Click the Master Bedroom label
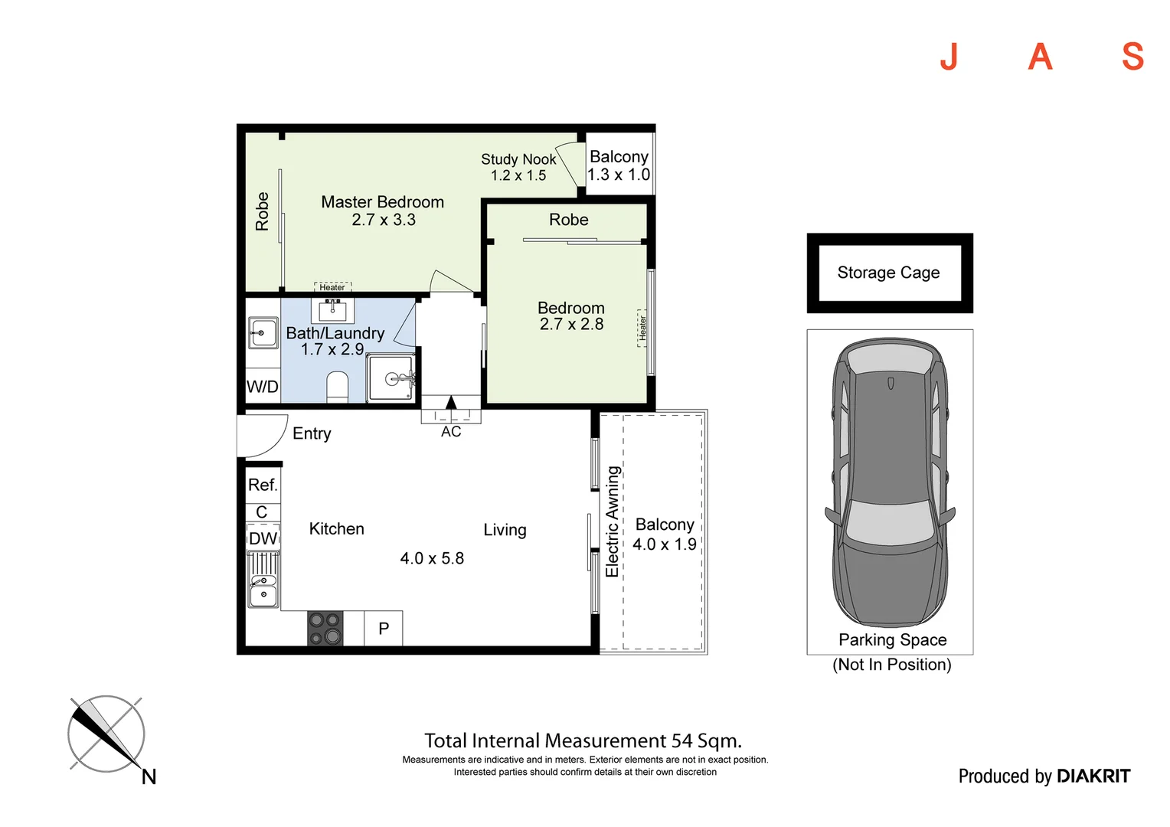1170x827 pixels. coord(382,202)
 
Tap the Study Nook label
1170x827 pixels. coord(518,159)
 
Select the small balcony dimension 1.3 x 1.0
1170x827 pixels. coord(619,175)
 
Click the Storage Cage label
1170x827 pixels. coord(888,273)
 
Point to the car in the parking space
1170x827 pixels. coord(890,482)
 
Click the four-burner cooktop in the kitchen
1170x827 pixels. coord(325,628)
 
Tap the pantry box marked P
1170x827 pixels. coord(384,629)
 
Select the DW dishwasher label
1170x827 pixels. coord(263,538)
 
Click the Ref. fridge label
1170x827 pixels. coord(263,485)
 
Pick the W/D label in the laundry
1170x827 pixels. coord(262,387)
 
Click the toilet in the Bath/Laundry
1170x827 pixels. coord(337,386)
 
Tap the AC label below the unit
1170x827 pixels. coord(451,432)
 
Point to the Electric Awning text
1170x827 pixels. coord(612,521)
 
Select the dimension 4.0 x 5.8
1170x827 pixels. coord(432,558)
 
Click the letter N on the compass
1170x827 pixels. coord(149,777)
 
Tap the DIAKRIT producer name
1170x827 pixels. coord(1093,776)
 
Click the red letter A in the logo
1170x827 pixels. coord(1040,57)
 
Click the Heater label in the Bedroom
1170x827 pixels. coord(642,328)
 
